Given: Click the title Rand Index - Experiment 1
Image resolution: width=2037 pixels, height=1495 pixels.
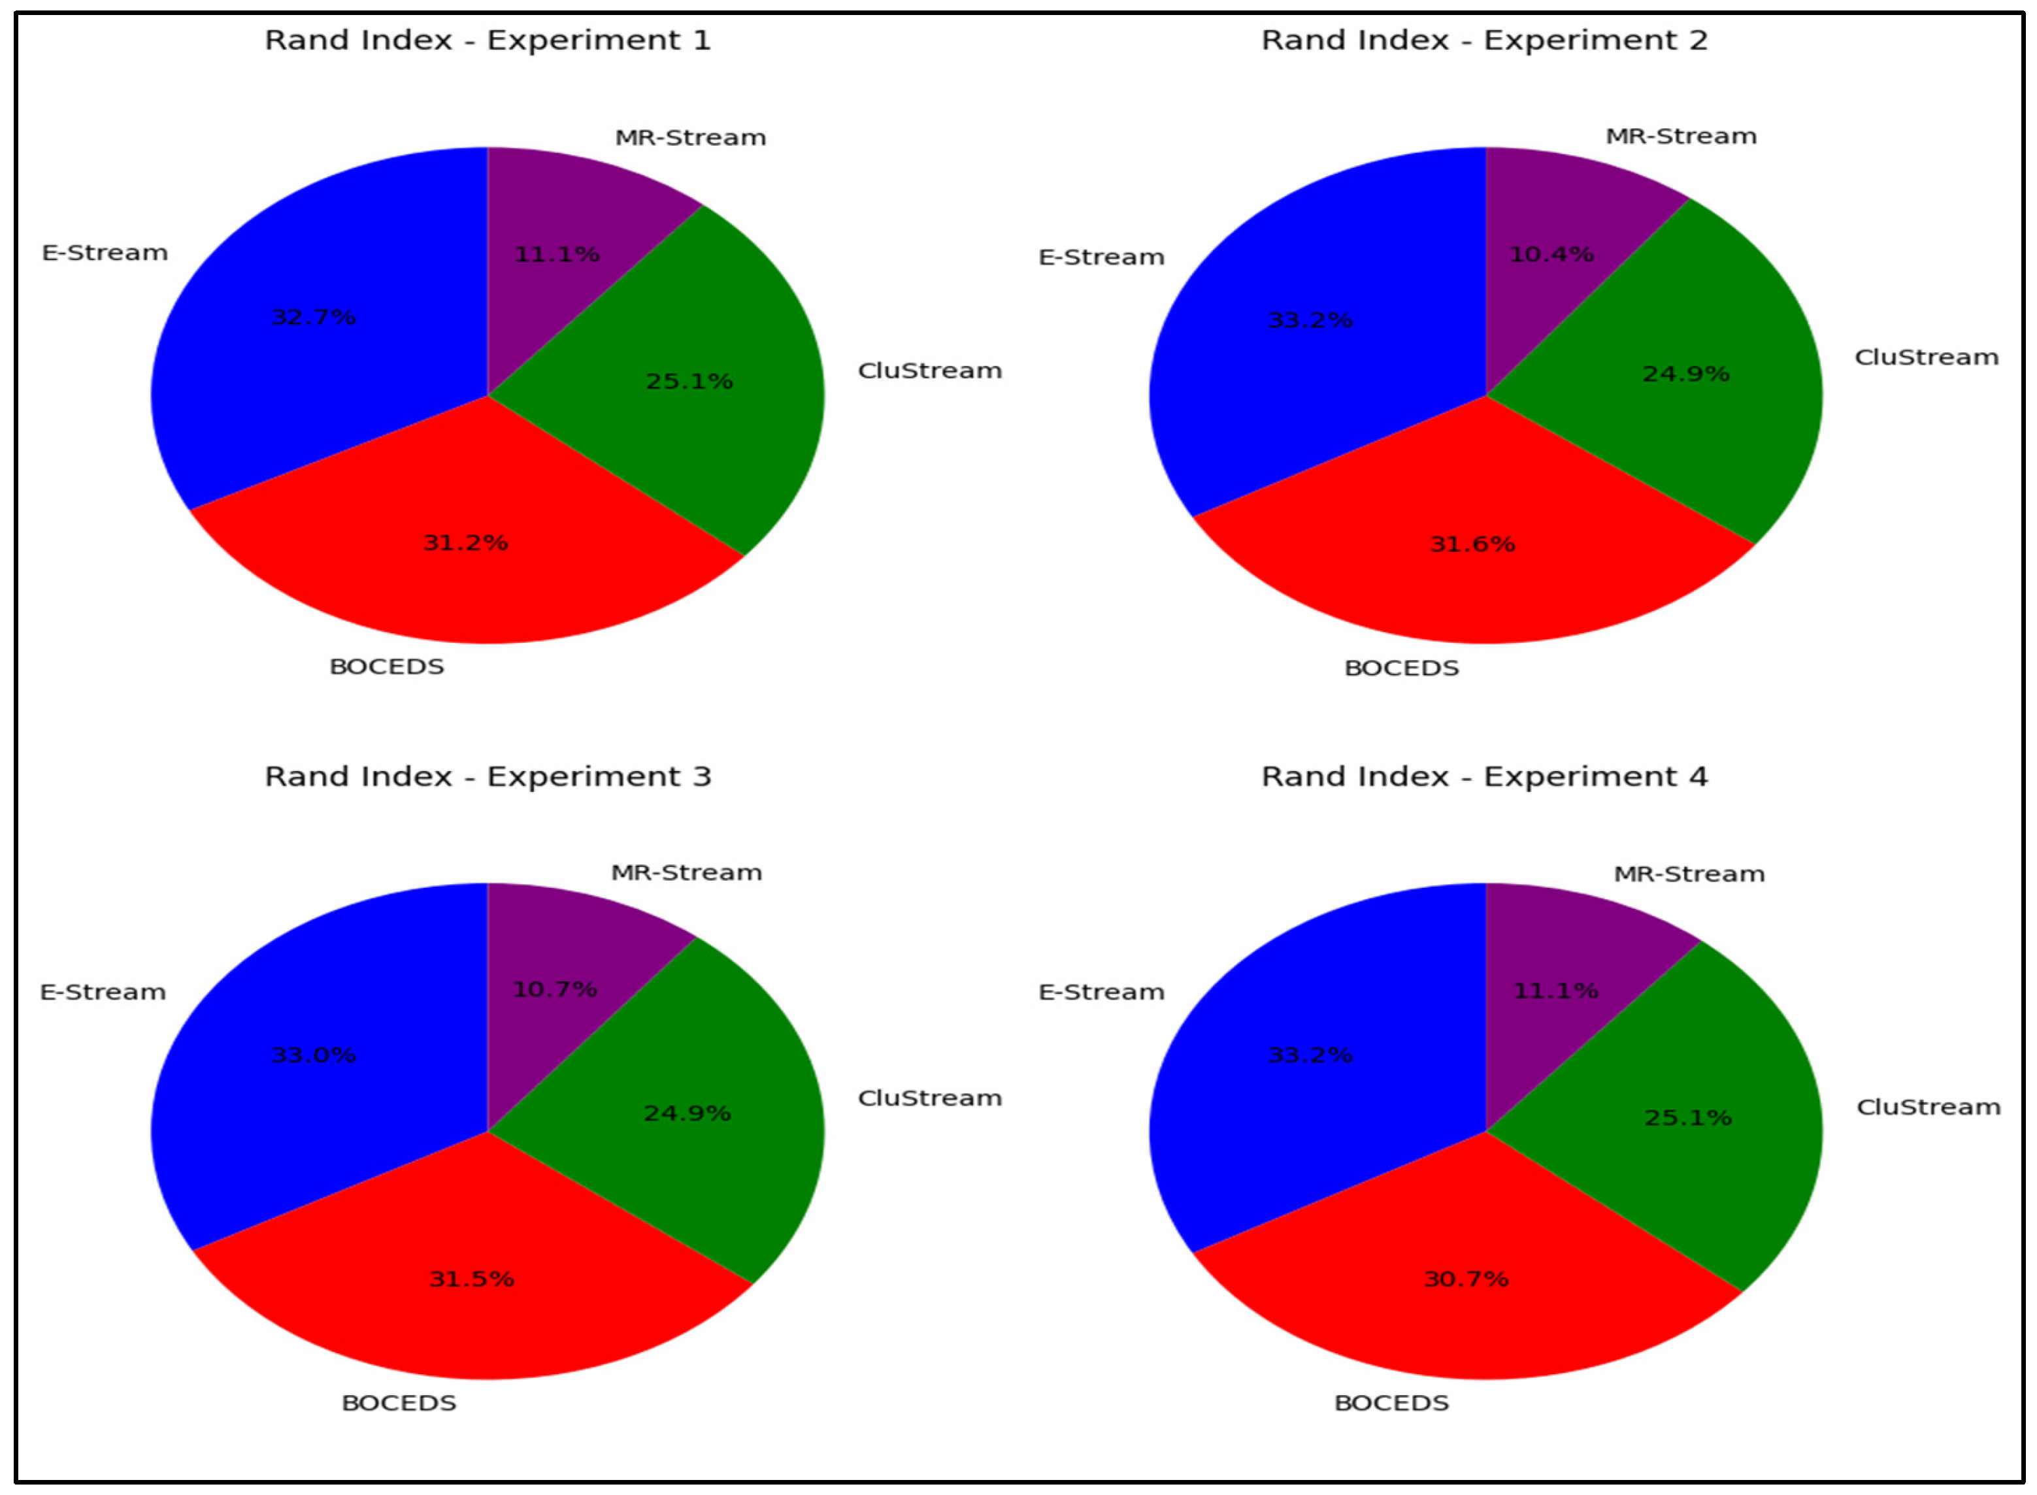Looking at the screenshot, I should point(488,41).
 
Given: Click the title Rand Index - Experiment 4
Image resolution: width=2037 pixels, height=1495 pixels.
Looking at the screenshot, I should point(1484,776).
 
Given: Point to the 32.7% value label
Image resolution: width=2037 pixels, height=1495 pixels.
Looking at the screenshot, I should point(314,318).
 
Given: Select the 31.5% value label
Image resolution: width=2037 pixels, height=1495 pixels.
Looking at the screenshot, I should point(471,1279).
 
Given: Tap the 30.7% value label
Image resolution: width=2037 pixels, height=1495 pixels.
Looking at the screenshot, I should point(1466,1279).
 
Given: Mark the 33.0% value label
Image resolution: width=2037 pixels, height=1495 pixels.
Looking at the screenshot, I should point(314,1055).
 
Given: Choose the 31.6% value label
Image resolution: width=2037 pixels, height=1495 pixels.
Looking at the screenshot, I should point(1472,544).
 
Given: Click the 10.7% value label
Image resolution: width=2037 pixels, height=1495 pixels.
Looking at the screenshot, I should point(555,990).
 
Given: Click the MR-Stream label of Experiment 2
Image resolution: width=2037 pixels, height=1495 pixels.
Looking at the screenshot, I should point(1680,137).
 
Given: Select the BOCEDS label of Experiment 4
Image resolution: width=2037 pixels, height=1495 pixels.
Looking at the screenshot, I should point(1391,1403).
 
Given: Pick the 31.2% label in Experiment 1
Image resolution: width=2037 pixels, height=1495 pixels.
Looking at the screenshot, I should point(465,543).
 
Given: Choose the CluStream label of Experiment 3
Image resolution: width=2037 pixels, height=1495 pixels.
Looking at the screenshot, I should point(929,1098).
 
